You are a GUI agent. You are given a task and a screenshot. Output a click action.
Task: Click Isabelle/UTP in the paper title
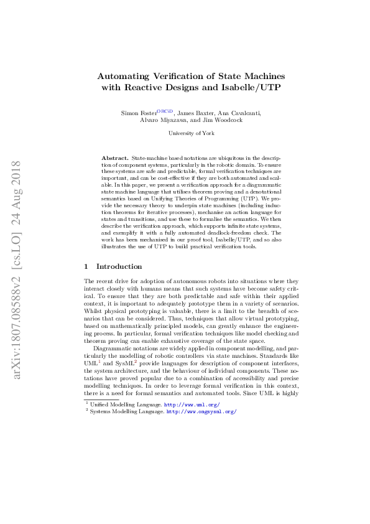[x=247, y=87]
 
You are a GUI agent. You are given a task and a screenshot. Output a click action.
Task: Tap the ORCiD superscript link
[x=165, y=110]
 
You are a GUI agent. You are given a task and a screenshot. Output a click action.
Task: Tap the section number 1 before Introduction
[x=86, y=266]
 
